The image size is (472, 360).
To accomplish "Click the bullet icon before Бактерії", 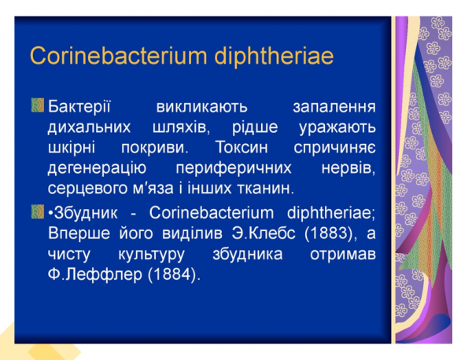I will [x=38, y=105].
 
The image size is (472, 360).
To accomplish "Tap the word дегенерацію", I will [x=95, y=168].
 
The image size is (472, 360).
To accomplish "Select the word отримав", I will [x=341, y=255].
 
